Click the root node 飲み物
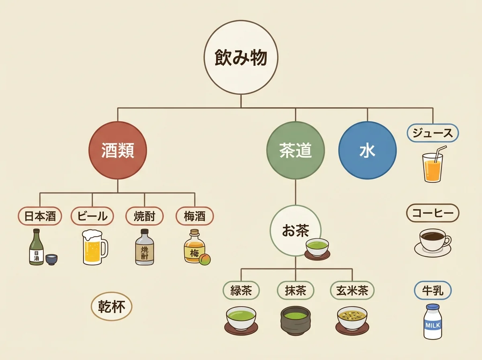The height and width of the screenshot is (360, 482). click(241, 58)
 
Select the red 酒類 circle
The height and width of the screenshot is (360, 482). click(118, 151)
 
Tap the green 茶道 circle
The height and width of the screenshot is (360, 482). click(296, 151)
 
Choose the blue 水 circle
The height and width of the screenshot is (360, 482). click(368, 151)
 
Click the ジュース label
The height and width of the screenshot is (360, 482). click(433, 133)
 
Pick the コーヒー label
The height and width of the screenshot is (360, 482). click(433, 213)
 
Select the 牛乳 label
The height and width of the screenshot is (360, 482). click(433, 290)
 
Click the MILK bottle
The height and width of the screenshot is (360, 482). click(433, 321)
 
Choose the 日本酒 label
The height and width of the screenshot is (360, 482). click(40, 216)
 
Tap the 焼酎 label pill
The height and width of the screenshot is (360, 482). click(145, 216)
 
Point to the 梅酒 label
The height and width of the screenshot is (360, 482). click(195, 216)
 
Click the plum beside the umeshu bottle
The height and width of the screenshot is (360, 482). click(205, 260)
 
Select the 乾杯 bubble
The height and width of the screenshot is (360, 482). click(112, 307)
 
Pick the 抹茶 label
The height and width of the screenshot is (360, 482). click(296, 290)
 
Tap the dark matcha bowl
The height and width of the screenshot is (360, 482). click(295, 321)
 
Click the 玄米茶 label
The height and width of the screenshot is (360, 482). click(352, 290)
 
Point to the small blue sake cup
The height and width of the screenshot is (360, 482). click(51, 260)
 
